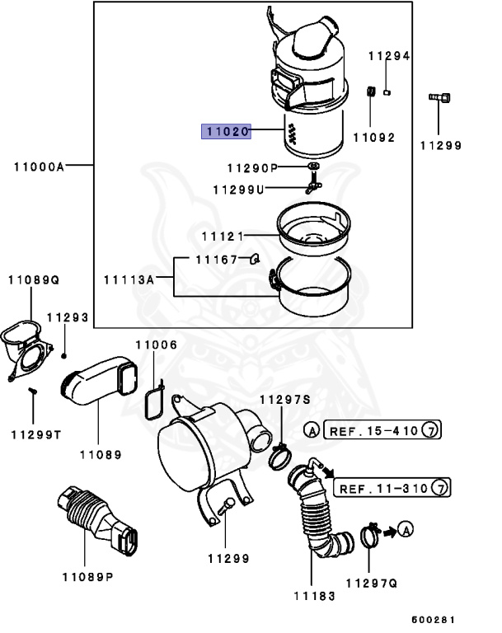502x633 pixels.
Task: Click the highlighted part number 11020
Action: click(x=227, y=131)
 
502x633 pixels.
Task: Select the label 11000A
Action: click(x=39, y=166)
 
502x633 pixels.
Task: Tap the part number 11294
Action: click(x=388, y=56)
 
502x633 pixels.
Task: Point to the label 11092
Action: click(x=373, y=138)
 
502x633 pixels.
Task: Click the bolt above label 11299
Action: click(x=439, y=99)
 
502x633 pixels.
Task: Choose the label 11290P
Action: click(x=246, y=168)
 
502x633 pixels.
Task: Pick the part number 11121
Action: click(x=223, y=237)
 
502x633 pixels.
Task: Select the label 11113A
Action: click(x=129, y=279)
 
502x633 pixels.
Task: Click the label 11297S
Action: click(x=284, y=400)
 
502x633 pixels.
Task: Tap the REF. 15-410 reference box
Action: click(x=375, y=429)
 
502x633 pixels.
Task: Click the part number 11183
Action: click(x=314, y=595)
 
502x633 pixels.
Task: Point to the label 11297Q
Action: click(x=371, y=583)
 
